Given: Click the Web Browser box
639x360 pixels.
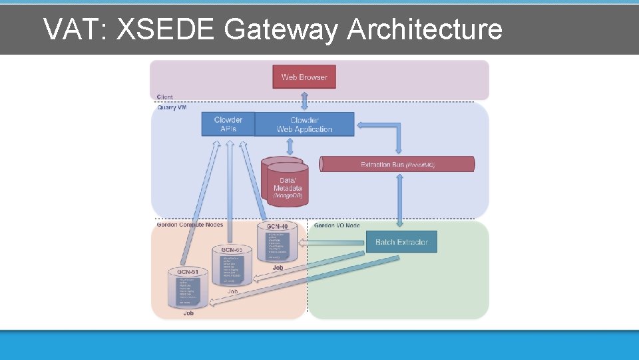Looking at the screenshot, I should tap(304, 77).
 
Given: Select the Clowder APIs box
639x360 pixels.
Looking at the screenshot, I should tap(228, 124).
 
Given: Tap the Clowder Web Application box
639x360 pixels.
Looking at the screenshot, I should tap(304, 124).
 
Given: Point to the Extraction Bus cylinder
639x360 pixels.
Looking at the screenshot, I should tap(397, 164).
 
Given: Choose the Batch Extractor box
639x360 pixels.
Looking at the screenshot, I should tap(401, 242).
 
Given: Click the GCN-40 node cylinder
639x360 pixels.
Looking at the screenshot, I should tap(277, 244).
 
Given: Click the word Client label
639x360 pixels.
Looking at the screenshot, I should tap(165, 97).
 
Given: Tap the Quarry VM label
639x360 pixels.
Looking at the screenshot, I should tap(172, 107).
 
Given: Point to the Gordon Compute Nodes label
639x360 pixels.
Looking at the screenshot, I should tap(190, 225).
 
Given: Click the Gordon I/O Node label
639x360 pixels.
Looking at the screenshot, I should tap(337, 225).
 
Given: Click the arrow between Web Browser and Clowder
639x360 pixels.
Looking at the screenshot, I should tap(305, 100).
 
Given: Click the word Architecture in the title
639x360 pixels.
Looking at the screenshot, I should tap(424, 29).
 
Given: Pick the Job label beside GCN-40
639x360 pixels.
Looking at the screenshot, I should tap(277, 267).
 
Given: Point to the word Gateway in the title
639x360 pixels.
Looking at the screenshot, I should tap(282, 29).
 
